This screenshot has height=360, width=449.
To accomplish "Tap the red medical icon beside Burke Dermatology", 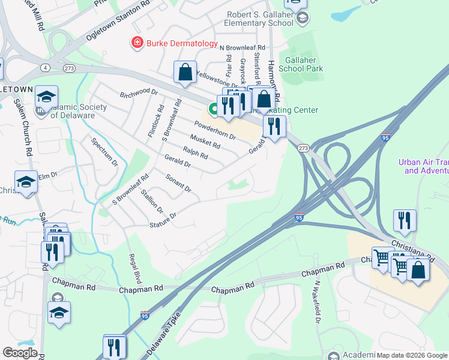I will [x=137, y=43].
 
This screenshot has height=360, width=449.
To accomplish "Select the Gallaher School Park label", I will [x=304, y=64].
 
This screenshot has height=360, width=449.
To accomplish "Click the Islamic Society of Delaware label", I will [x=78, y=112].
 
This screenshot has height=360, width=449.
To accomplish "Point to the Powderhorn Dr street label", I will [x=214, y=130].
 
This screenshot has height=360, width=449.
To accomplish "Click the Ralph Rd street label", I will [x=195, y=154].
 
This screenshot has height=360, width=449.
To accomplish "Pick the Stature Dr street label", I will [x=163, y=219].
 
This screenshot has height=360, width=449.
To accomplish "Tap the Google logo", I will [x=20, y=353].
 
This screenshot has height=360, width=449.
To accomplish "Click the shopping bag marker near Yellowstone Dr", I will [x=185, y=73].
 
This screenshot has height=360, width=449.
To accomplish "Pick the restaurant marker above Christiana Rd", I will [x=405, y=221].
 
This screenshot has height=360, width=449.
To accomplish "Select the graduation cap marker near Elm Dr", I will [x=26, y=182].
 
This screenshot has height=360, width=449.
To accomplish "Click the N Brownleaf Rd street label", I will [x=242, y=47].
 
